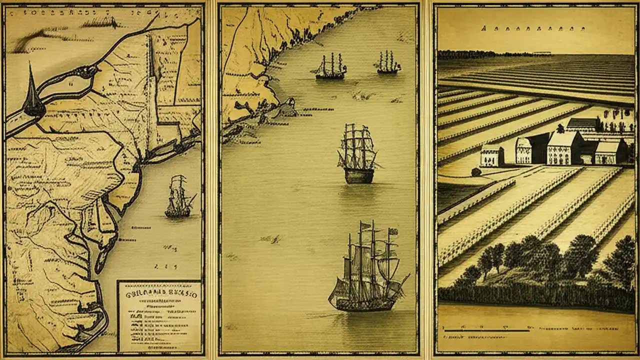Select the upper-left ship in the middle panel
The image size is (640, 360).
click(330, 68)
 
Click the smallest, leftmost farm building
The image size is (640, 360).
click(492, 156)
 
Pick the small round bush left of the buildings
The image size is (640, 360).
click(476, 172)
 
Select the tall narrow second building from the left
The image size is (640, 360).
click(523, 150)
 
